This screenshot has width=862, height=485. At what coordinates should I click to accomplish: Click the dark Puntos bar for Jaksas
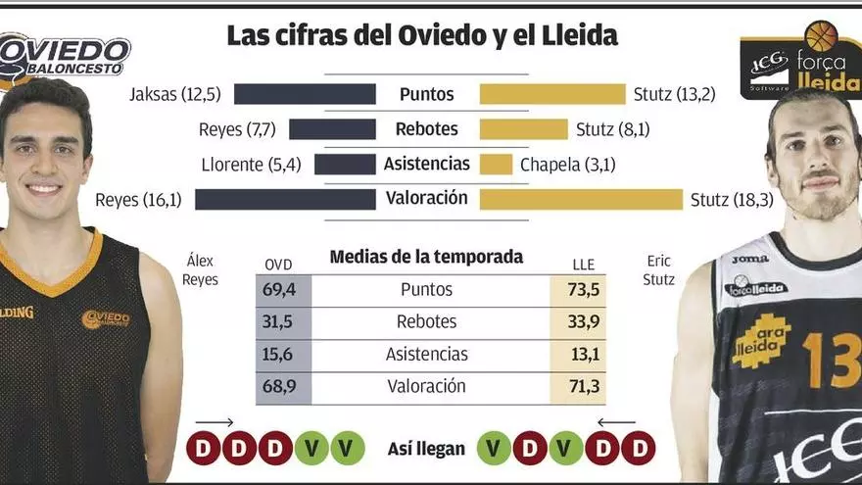pos(305,94)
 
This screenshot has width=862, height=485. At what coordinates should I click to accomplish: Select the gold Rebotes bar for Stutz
pos(523,129)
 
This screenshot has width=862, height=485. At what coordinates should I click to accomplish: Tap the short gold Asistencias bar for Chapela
pos(496,165)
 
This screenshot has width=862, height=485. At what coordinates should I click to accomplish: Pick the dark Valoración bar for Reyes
pos(285,200)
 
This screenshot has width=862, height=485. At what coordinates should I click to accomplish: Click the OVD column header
pos(279,265)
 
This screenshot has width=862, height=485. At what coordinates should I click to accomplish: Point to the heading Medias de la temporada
pos(426,258)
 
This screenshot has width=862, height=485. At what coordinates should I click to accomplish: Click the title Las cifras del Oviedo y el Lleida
pos(422,36)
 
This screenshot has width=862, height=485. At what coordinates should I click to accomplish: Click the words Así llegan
pos(426,449)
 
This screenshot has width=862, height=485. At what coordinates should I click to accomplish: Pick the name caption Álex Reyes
pos(200,270)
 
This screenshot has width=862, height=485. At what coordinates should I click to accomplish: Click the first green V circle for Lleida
pos(494,449)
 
